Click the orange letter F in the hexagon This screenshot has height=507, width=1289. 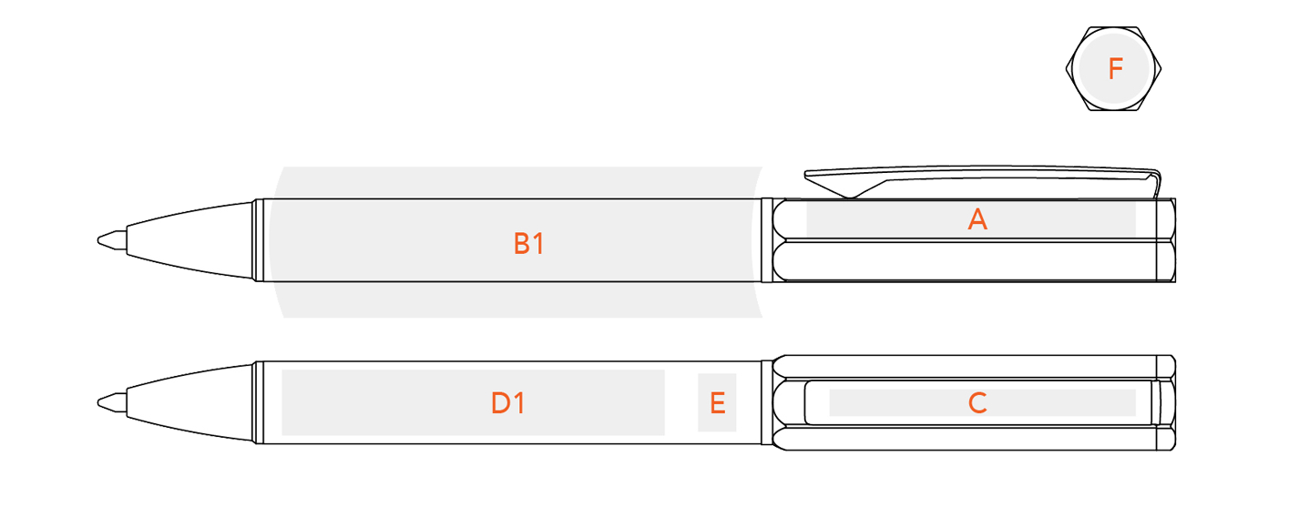pos(1115,69)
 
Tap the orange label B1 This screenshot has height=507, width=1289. pos(528,244)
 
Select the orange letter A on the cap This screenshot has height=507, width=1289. pos(977,219)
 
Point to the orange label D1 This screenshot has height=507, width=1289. pos(507,403)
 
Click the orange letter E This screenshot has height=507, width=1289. pos(717,403)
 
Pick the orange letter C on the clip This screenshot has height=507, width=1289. pos(977,403)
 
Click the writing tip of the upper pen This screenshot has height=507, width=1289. pos(99,240)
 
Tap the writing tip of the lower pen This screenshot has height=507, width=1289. pos(99,403)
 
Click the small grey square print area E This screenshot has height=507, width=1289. pos(717,402)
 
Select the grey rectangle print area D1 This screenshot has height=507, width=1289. pos(473,402)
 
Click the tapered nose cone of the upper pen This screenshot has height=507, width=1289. pos(189,240)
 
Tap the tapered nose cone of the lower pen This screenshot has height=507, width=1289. pos(189,403)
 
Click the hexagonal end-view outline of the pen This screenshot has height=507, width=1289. pos(1067,69)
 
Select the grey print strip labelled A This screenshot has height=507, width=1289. pos(971,219)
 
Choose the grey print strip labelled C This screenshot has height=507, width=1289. pos(982,402)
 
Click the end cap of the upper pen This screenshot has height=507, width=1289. pos(1166,240)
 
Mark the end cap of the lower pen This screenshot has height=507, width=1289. pos(1166,403)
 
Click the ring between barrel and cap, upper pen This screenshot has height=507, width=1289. pos(766,240)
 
